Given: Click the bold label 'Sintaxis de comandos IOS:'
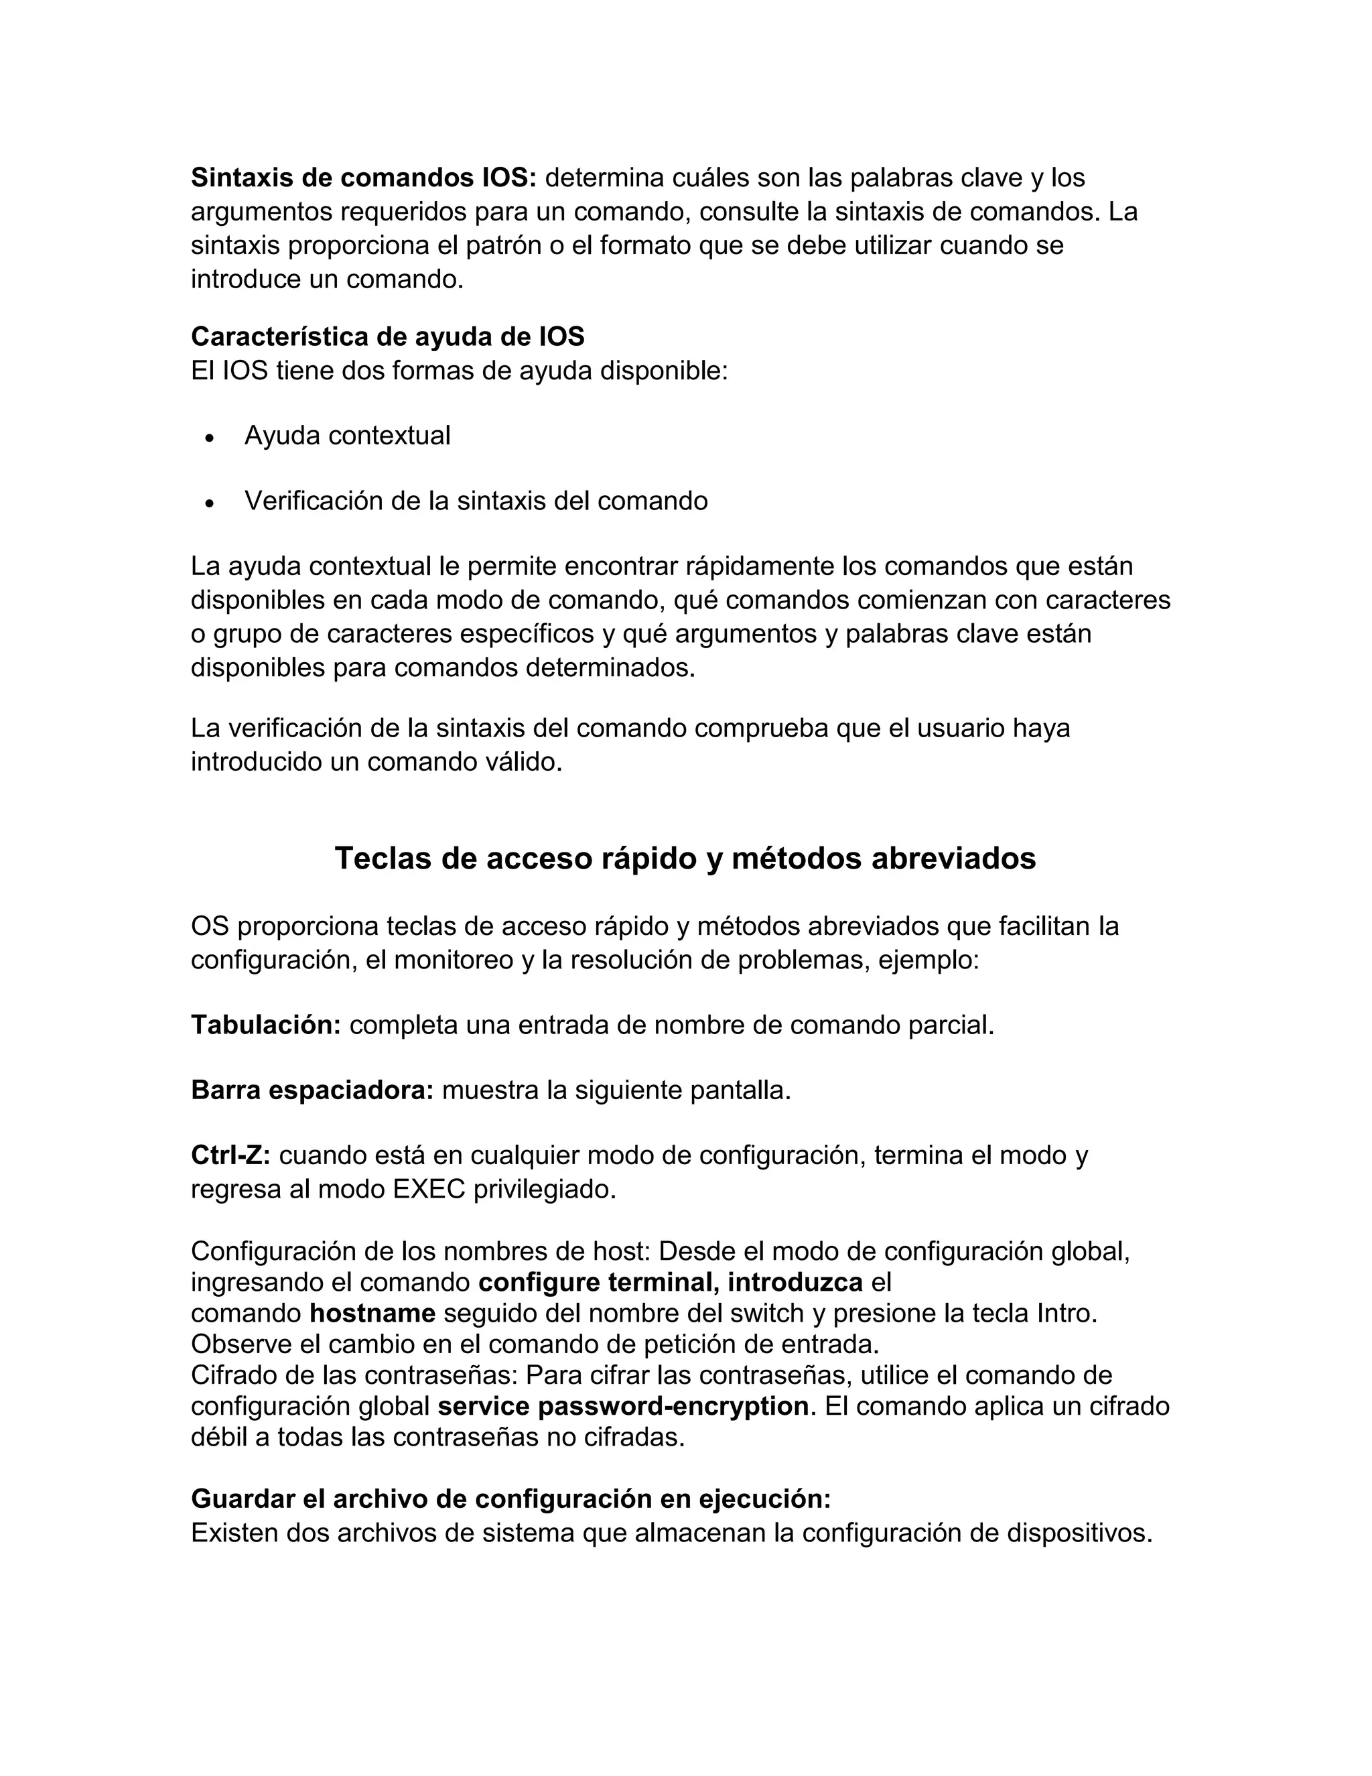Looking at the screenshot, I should pos(363,178).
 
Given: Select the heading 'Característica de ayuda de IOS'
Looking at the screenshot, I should pos(388,336).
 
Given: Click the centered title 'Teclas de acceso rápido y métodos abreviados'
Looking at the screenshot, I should pos(685,859).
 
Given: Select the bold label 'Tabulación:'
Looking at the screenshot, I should pos(266,1025).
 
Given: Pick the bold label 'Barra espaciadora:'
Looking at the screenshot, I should pos(312,1090).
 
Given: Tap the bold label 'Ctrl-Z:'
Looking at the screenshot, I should pos(230,1155).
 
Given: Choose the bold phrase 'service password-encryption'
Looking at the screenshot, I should pos(622,1406).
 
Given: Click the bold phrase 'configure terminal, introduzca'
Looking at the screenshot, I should pos(670,1282).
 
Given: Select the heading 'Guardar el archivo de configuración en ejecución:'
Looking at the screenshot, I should pos(510,1499).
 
